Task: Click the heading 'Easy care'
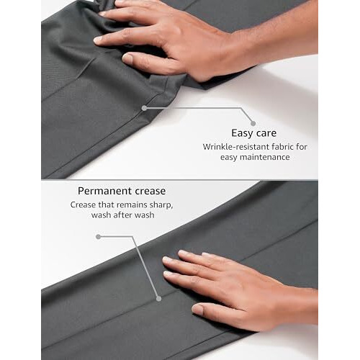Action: click(x=253, y=133)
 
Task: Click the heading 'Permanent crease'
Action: click(x=122, y=191)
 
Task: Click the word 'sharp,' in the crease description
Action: click(x=161, y=205)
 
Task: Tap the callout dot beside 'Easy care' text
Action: click(x=253, y=124)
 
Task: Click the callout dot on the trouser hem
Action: click(x=144, y=108)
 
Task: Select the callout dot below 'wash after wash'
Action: click(x=98, y=237)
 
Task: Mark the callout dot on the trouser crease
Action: click(x=158, y=299)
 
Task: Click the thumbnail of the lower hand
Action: click(x=197, y=310)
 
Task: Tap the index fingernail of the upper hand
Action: click(x=98, y=40)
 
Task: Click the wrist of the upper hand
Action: click(x=243, y=49)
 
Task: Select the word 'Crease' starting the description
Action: click(x=83, y=205)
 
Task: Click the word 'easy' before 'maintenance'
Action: click(x=229, y=158)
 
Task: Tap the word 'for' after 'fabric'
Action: click(x=302, y=147)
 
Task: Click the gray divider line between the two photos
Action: click(x=180, y=179)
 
